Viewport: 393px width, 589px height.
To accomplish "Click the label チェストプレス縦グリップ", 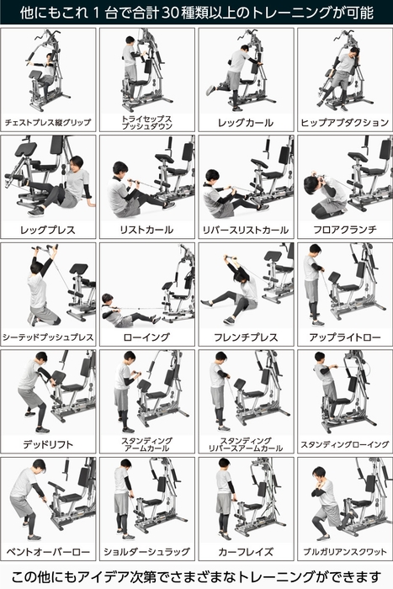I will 48,122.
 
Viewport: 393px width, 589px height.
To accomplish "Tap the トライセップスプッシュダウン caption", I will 146,122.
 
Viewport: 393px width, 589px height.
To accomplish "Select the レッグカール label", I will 245,122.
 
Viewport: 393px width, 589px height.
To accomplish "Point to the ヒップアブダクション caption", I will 343,122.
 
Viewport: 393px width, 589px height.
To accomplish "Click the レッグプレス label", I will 48,229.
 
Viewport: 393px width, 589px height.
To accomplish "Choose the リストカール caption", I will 146,229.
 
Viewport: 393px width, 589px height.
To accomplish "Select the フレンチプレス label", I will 245,337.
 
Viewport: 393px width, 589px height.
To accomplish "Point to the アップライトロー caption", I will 343,337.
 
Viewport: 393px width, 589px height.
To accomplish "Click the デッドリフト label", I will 48,443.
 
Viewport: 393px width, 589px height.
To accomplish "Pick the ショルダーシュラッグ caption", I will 146,551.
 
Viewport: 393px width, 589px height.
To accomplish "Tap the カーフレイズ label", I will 245,551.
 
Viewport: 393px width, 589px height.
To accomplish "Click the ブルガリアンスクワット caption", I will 343,551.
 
